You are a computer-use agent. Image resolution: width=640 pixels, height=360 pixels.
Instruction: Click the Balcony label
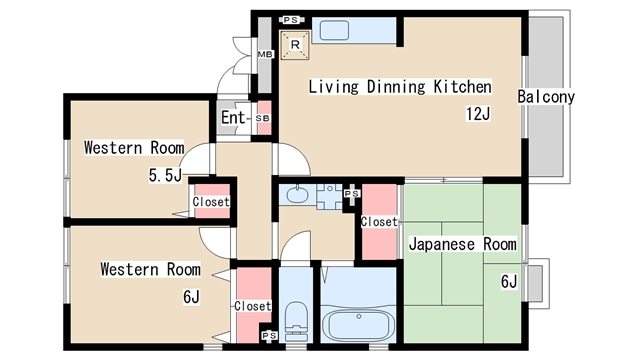tap(546, 97)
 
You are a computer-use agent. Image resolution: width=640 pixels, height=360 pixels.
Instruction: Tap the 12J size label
tap(478, 114)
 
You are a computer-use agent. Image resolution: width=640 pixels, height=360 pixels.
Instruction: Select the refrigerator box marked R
tap(295, 45)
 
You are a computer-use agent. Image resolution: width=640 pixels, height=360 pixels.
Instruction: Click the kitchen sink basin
tap(334, 31)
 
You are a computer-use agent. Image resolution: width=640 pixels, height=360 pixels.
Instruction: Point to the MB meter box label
tap(265, 54)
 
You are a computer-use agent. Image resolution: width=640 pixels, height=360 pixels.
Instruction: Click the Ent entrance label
tap(233, 118)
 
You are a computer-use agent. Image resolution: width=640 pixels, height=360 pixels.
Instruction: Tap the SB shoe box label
tap(262, 118)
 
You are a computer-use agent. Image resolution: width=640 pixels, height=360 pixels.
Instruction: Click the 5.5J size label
tap(165, 176)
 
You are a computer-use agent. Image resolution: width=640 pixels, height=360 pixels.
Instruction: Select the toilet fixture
tap(296, 321)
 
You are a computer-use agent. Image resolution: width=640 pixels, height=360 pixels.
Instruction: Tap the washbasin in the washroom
tap(297, 194)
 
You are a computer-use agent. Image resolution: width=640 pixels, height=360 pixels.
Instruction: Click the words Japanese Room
tap(462, 244)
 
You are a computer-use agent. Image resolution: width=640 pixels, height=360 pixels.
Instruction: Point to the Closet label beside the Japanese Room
tap(379, 222)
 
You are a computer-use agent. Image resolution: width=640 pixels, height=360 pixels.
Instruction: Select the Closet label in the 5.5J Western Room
tap(211, 202)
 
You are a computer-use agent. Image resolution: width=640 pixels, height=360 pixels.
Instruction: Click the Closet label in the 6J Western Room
tap(253, 306)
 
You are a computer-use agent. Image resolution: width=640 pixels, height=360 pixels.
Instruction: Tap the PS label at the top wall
tap(291, 20)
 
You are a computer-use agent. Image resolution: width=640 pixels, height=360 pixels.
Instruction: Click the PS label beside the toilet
tap(269, 336)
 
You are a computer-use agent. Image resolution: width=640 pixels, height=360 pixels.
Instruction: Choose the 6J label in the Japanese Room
tap(509, 282)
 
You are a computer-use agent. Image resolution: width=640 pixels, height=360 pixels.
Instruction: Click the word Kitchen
tap(462, 87)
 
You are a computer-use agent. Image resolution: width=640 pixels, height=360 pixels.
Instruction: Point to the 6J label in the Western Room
tap(191, 297)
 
